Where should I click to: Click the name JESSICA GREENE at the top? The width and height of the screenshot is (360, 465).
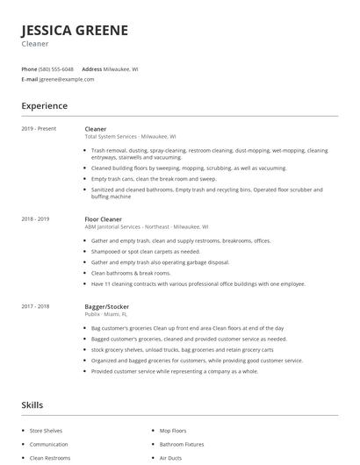[75, 30]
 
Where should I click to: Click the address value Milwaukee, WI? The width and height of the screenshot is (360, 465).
[121, 68]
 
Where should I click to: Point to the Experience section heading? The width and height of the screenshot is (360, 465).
[44, 106]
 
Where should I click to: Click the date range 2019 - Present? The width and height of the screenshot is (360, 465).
[39, 129]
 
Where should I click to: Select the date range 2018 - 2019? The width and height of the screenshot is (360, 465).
[36, 218]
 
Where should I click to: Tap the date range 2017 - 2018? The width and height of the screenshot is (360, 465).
[36, 307]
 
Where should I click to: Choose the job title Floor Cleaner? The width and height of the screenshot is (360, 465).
[103, 218]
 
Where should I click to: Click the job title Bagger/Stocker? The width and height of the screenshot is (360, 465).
[106, 307]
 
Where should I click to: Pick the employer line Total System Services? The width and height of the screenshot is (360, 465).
[130, 137]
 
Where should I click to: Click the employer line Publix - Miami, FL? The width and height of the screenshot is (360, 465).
[106, 315]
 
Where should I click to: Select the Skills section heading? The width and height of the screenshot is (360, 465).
[32, 405]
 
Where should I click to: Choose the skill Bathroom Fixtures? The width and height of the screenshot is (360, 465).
[182, 445]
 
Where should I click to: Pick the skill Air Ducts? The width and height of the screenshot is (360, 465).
[169, 458]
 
